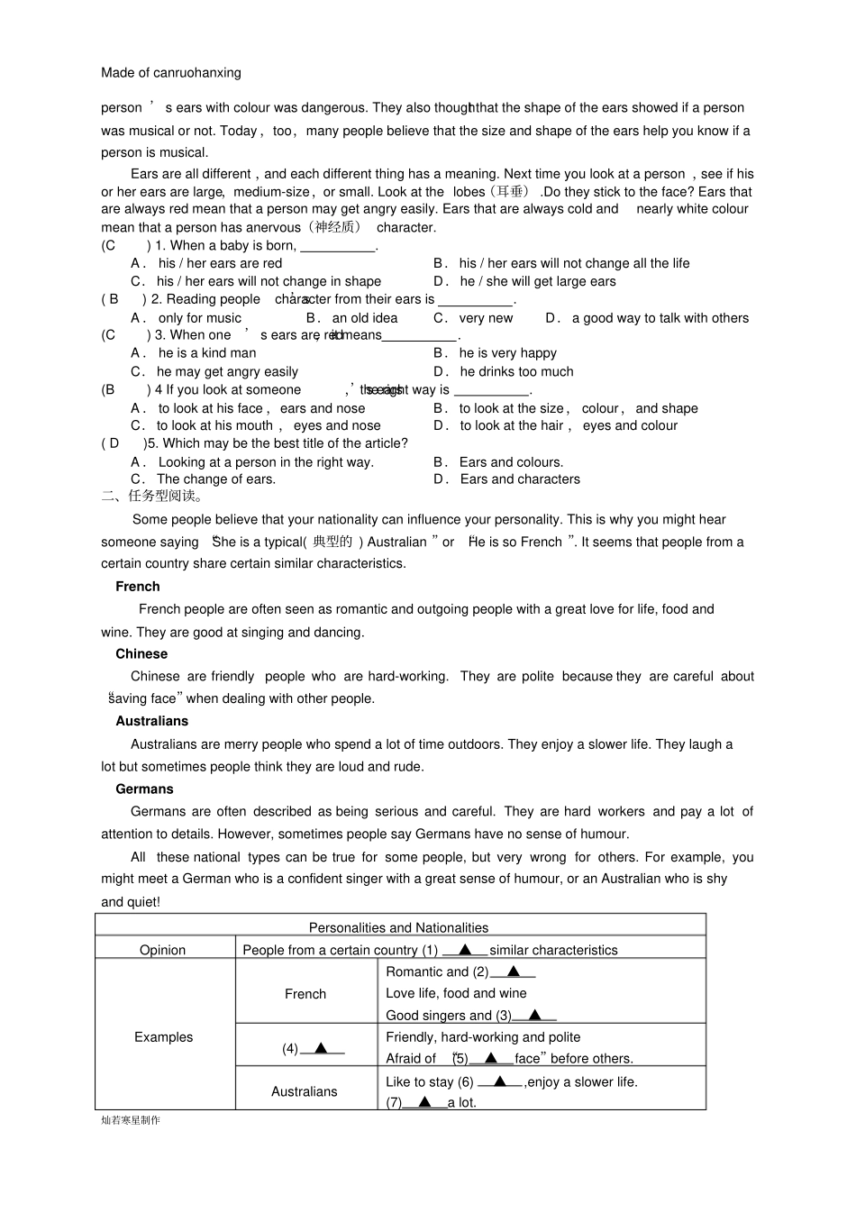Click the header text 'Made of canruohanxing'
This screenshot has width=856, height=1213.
171,73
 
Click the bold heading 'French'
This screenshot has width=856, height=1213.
137,587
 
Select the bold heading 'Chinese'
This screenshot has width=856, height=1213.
141,654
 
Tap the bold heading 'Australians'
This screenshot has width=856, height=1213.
151,722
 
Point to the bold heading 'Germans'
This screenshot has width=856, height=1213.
144,789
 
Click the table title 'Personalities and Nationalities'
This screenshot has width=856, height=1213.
398,928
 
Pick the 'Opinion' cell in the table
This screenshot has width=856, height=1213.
162,951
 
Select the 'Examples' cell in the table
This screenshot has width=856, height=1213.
163,1037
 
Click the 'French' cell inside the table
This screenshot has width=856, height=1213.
305,994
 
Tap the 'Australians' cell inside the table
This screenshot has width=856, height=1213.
305,1091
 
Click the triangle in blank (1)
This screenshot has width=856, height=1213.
465,950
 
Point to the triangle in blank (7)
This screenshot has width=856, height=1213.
424,1102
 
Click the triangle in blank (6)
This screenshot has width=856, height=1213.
500,1081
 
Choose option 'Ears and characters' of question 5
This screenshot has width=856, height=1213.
520,479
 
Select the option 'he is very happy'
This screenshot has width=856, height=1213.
507,353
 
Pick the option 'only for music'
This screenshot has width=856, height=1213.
200,318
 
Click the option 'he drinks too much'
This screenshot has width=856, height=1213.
516,371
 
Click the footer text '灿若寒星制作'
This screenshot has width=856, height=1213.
131,1120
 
